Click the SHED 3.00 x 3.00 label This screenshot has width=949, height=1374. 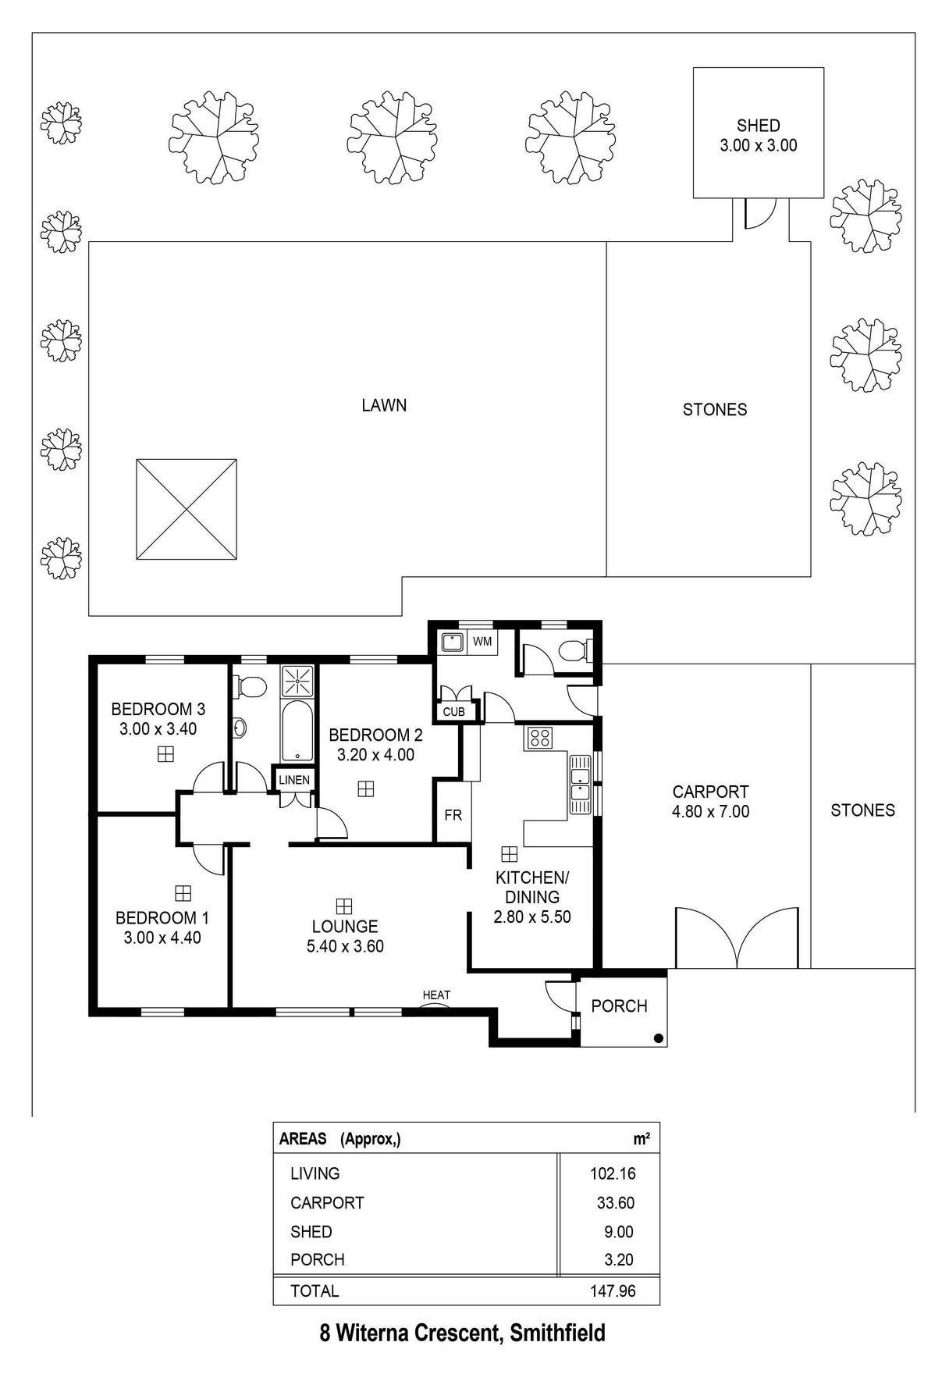coord(759,135)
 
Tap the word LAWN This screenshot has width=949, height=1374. coord(384,405)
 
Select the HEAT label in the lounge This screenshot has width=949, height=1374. coord(436,995)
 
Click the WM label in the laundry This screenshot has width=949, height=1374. coord(482,642)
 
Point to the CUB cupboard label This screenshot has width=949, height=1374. coord(453,712)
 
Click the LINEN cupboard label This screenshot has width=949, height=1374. coord(294,780)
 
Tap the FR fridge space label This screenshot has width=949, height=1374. coord(453,815)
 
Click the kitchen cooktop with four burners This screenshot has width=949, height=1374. coord(538,738)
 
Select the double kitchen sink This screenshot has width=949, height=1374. coord(580,785)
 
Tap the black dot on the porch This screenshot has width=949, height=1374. coord(659,1038)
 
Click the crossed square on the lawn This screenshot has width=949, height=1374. coord(187,509)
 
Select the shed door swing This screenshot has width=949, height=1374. coord(758,213)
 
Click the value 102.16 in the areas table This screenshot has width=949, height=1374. coord(613,1173)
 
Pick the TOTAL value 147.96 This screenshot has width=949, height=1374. coord(613,1291)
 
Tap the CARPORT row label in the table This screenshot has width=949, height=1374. coord(327,1203)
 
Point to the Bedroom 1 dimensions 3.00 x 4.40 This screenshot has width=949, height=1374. coord(162,938)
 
